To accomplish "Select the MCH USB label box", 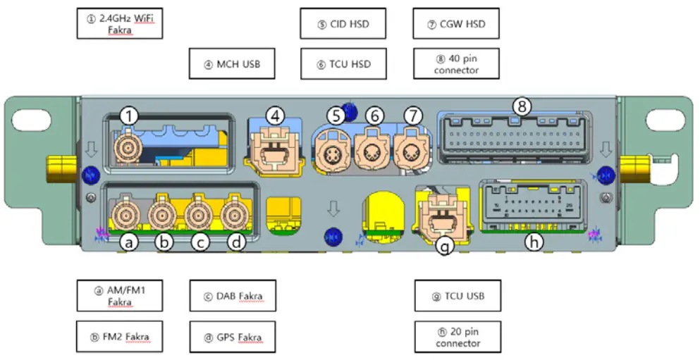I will [x=232, y=64].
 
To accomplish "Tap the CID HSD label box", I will [x=343, y=25].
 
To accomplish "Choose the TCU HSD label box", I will [x=343, y=64].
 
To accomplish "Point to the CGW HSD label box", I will [x=457, y=25].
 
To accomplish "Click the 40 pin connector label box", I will [x=457, y=64].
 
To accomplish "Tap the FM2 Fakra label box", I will [x=119, y=337].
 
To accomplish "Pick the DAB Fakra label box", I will [x=232, y=296].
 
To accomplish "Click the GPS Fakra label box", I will [x=232, y=337].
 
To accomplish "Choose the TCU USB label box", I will [x=457, y=296].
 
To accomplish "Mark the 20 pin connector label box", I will [x=457, y=337].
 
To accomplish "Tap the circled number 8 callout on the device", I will [x=522, y=107].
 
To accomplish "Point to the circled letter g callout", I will [x=443, y=246].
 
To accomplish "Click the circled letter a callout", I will [x=128, y=242].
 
